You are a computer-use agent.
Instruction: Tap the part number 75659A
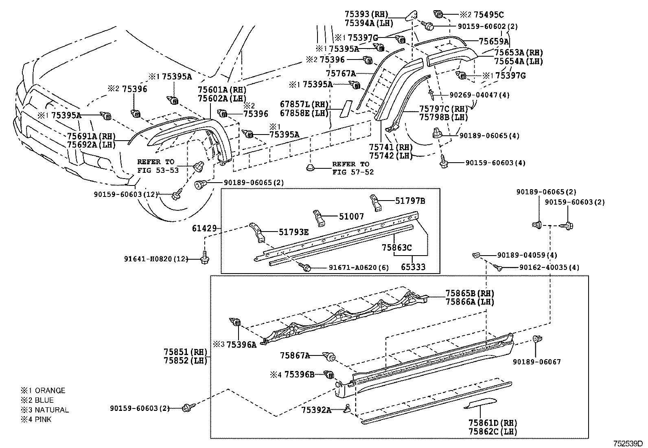494,41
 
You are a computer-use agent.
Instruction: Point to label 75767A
341,73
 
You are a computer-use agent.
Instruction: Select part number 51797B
410,201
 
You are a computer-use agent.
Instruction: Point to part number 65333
413,267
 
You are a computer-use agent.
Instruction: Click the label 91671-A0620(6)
359,268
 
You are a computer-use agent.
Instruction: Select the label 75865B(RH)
470,293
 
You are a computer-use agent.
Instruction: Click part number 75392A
316,410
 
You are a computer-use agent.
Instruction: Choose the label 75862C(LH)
493,431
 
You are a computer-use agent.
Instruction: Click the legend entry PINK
43,419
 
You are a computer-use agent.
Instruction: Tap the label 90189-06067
536,362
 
